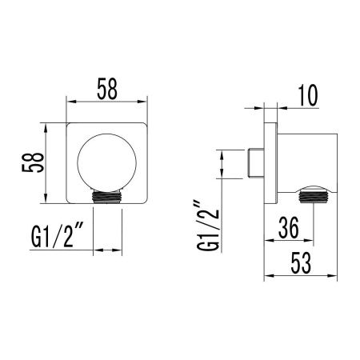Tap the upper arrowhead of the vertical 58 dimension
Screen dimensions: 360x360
(50, 126)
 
